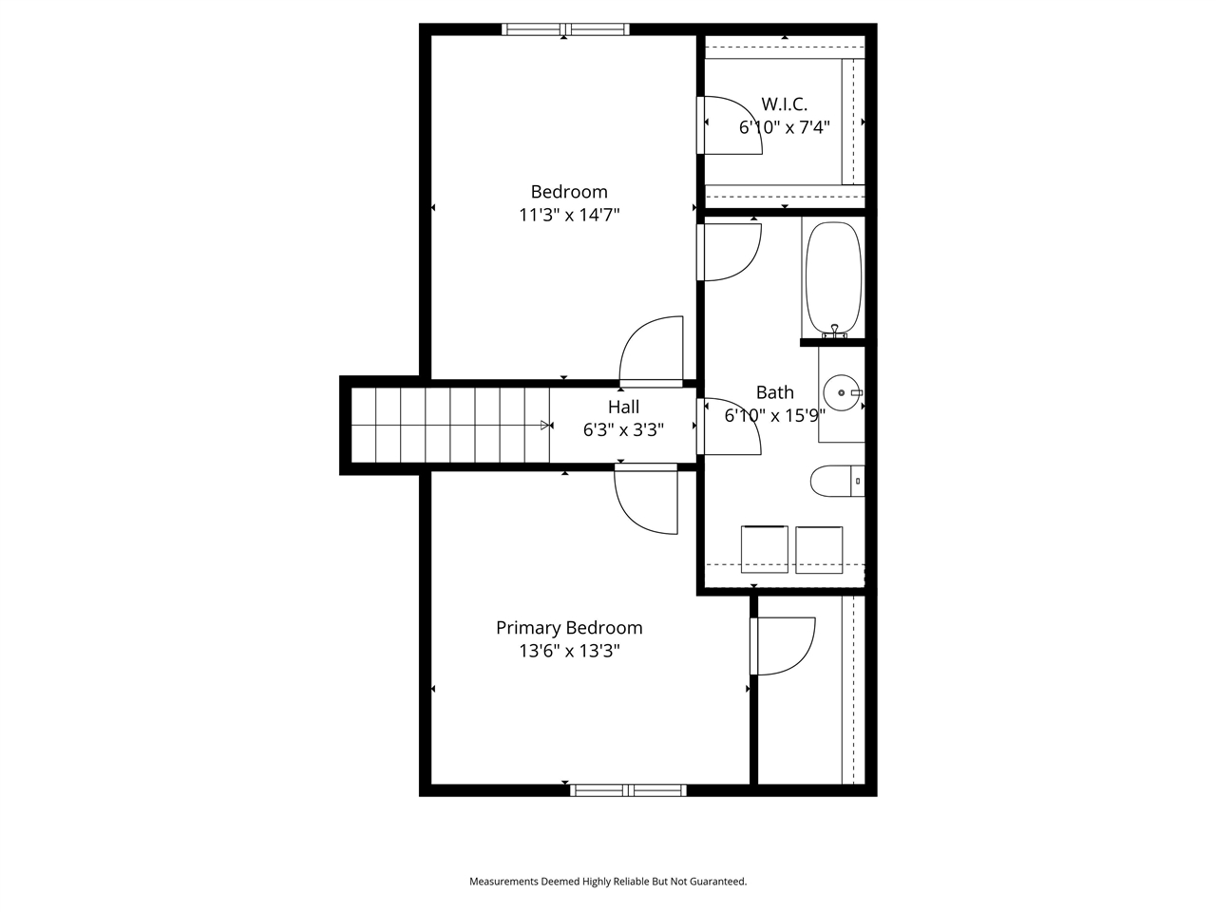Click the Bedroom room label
(568, 192)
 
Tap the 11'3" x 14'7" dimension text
(568, 216)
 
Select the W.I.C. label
(784, 104)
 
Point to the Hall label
(623, 407)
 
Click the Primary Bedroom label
(568, 628)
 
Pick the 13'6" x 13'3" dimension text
(568, 652)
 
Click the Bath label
(774, 392)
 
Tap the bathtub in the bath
(833, 277)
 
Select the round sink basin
(841, 392)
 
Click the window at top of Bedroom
(564, 29)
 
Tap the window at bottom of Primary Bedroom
(627, 789)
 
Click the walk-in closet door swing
(731, 124)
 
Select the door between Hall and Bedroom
(652, 351)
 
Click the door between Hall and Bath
(731, 427)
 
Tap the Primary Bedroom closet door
(784, 646)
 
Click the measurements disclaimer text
(608, 882)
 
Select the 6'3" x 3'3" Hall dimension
(623, 429)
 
